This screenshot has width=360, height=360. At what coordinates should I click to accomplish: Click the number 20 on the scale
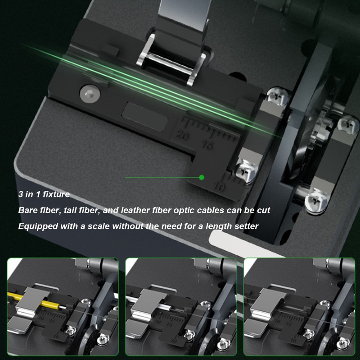pyautogui.click(x=183, y=135)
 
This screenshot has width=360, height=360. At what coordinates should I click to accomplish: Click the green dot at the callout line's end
pyautogui.click(x=202, y=178)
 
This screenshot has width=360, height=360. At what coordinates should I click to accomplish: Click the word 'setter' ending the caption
pyautogui.click(x=246, y=226)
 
